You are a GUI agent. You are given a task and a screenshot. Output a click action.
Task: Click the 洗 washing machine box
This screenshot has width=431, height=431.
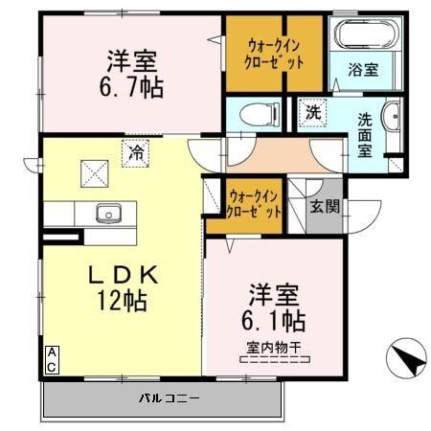click(x=312, y=111)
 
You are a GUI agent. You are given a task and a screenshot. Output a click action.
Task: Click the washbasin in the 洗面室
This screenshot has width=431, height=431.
click(x=395, y=121)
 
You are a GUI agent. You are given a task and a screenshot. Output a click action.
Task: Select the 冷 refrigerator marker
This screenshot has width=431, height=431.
click(x=137, y=150)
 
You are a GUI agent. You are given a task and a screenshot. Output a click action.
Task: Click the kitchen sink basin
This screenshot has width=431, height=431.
click(x=104, y=213)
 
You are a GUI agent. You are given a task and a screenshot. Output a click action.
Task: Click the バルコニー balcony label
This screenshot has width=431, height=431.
click(x=168, y=397)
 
